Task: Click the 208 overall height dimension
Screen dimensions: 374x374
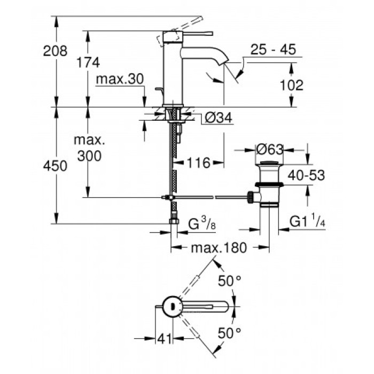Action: (x=56, y=51)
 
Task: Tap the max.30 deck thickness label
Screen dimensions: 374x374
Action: (x=120, y=80)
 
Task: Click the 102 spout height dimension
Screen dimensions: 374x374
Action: (x=291, y=85)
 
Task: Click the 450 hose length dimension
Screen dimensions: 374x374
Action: (x=56, y=166)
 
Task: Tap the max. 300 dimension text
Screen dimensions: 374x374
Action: (x=89, y=149)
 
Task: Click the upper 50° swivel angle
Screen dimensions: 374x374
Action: (x=229, y=281)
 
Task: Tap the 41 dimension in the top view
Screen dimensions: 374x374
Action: (x=163, y=338)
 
